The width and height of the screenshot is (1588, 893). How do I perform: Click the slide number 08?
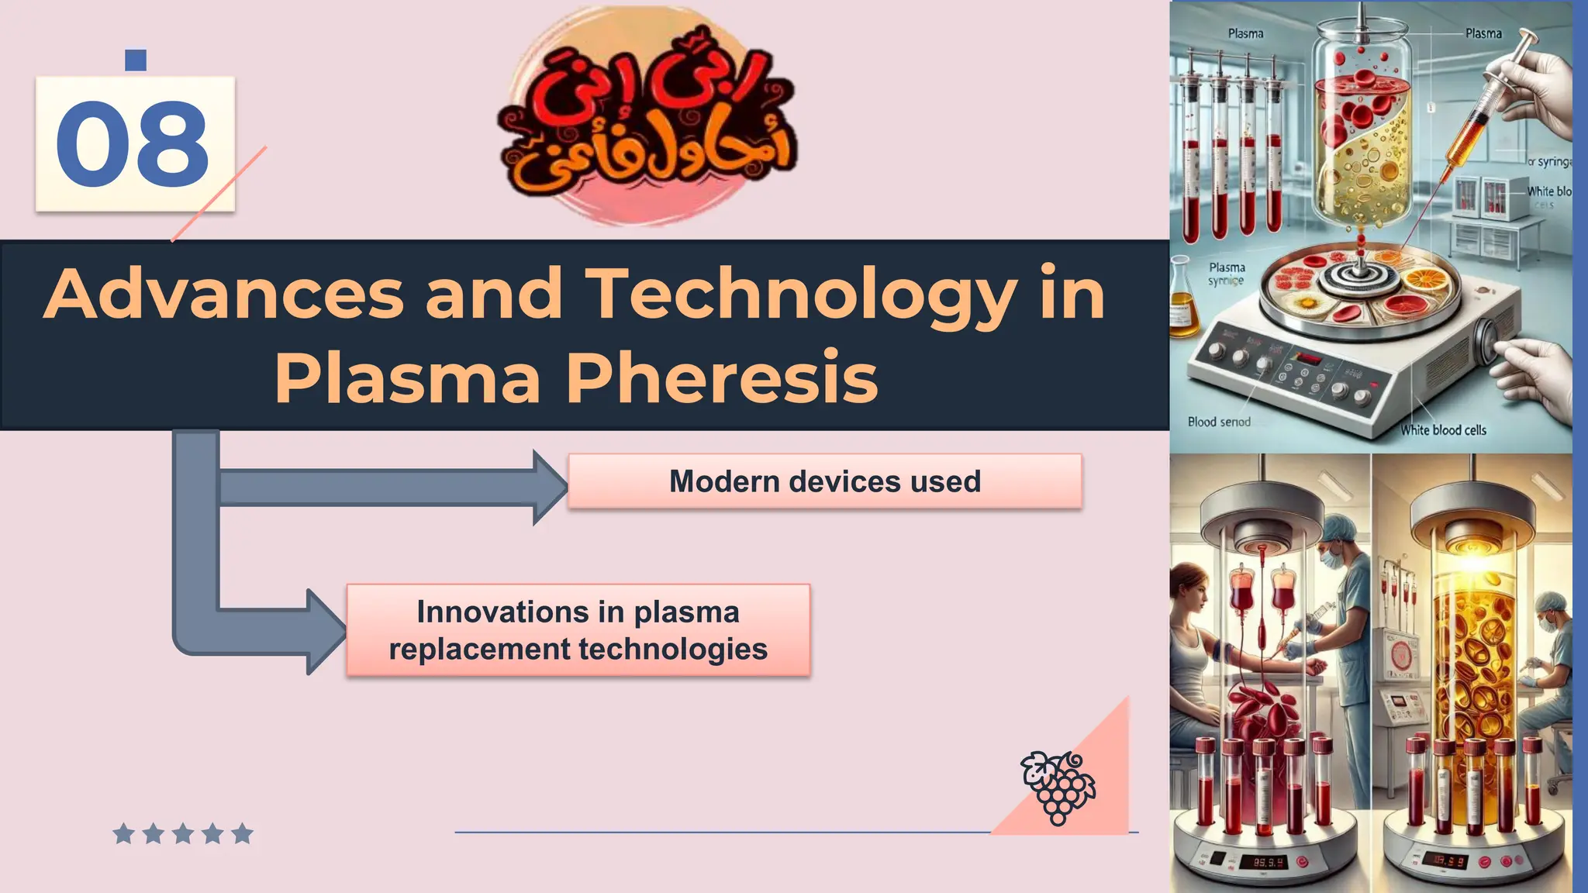(133, 145)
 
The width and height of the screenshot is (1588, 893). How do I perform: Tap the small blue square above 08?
(136, 60)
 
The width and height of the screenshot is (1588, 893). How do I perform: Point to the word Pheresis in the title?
(722, 378)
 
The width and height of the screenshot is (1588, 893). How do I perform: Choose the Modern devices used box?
(824, 481)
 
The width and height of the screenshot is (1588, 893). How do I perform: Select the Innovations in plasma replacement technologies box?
(578, 630)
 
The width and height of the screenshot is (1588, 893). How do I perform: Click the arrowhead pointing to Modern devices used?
(549, 488)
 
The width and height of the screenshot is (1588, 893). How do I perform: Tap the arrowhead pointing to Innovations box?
(326, 631)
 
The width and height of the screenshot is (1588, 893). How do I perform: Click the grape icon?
(1058, 786)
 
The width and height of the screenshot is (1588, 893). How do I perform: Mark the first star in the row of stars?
(123, 834)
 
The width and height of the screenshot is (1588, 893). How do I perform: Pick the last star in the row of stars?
(242, 834)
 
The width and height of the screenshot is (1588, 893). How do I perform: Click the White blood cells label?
(1443, 430)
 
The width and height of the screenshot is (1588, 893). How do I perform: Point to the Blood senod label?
(1219, 422)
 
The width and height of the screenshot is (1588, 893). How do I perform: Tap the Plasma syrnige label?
(1227, 274)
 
